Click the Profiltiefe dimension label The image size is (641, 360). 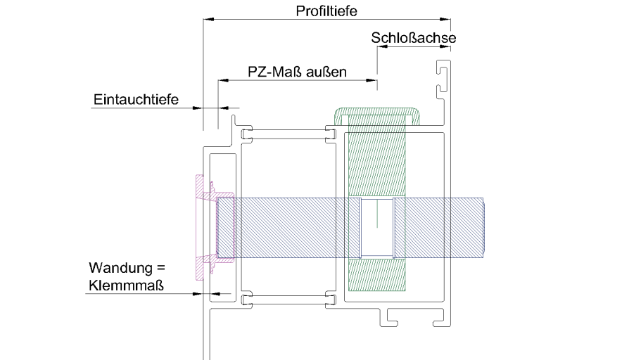point(327,11)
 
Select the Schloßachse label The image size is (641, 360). point(413,38)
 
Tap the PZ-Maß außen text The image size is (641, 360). point(298,72)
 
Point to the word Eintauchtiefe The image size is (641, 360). point(136,100)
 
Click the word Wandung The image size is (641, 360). point(118,269)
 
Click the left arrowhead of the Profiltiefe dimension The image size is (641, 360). point(208,20)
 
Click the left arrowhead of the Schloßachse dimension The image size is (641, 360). point(381,46)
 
